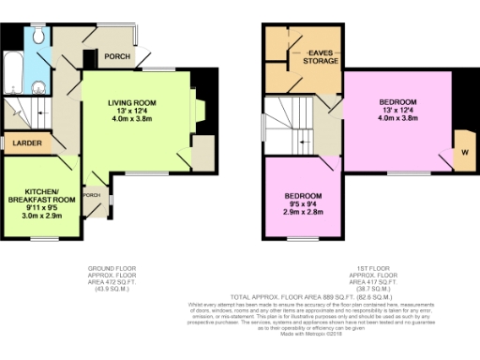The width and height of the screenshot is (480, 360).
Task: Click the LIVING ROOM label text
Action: pos(131,102)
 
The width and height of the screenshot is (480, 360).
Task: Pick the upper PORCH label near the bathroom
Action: pos(117,55)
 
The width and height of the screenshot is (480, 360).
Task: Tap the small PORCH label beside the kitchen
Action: pos(93,195)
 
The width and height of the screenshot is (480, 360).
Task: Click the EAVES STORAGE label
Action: pos(321,57)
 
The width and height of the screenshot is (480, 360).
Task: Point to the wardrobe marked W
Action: pos(463,151)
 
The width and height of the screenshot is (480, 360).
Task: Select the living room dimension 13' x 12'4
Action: pos(131,112)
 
